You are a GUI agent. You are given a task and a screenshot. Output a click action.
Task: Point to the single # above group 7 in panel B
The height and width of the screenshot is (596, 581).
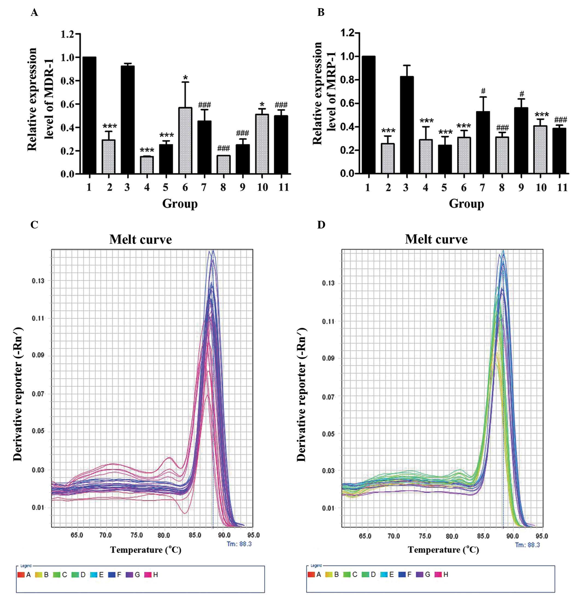(483, 91)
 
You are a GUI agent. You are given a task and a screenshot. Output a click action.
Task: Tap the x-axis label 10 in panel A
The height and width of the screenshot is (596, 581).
(262, 187)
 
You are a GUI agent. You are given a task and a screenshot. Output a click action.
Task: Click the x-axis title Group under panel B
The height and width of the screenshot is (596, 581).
(466, 204)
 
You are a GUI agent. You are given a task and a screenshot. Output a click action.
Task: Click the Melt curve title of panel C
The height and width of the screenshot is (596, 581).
(140, 240)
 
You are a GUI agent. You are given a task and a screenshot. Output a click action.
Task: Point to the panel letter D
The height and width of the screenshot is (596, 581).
(321, 225)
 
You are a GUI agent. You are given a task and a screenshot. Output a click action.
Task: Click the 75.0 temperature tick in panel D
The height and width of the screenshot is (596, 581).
(425, 536)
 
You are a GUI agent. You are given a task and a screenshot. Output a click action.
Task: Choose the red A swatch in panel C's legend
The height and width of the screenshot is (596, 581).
(21, 575)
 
